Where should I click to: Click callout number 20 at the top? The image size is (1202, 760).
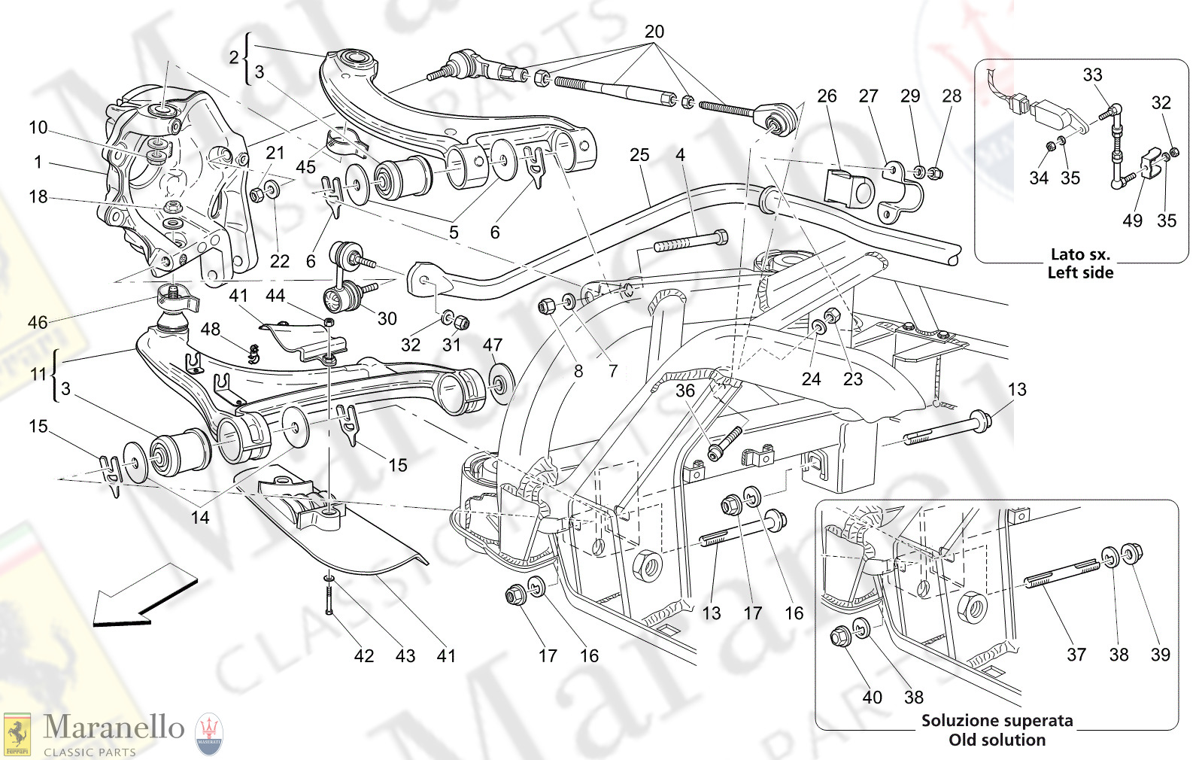point(654,32)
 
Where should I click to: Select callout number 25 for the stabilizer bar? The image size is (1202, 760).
point(639,155)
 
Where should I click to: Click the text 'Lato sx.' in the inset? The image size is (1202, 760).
point(1080,254)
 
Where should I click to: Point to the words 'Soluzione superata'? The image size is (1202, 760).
point(997,720)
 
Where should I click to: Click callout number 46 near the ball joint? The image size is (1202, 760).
point(38,323)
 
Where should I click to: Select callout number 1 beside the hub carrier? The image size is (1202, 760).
point(38,162)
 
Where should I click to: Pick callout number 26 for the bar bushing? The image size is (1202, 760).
point(827,96)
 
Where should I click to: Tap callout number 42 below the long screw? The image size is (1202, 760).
point(364,656)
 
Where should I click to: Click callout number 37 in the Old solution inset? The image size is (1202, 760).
point(1076,655)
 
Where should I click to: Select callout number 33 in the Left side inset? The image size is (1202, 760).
point(1092,75)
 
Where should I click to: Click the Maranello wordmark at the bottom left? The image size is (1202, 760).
point(114,728)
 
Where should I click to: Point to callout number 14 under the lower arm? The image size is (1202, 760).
point(199,518)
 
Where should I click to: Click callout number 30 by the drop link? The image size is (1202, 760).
point(387,318)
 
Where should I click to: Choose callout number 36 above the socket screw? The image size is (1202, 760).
point(684,391)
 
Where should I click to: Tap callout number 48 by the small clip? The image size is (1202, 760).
point(211,329)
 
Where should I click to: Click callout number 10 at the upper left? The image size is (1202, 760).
point(38,128)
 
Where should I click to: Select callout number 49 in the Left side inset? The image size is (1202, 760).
point(1132,220)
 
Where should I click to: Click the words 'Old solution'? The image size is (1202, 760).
point(997,740)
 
